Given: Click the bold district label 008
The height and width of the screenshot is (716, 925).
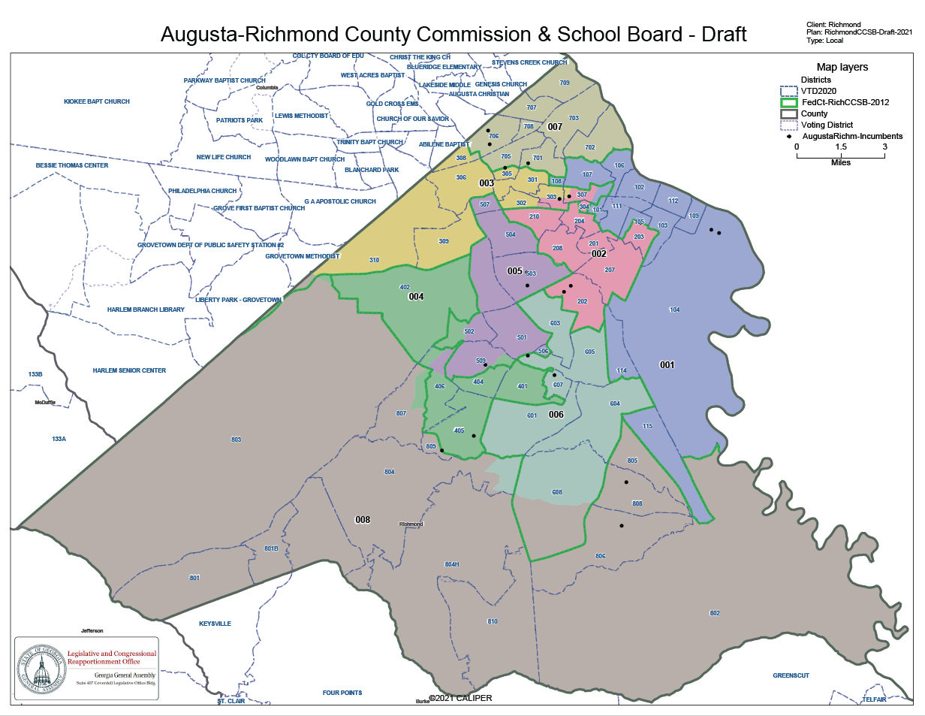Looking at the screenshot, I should click(x=363, y=520).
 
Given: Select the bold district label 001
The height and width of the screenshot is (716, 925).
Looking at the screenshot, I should click(x=667, y=365).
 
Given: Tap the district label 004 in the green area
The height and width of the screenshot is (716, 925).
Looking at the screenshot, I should click(x=416, y=297).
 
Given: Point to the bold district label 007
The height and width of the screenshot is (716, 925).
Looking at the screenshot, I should click(x=555, y=126).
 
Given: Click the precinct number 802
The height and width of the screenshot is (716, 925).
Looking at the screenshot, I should click(x=714, y=614).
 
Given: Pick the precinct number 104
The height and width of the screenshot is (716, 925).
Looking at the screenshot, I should click(x=674, y=310).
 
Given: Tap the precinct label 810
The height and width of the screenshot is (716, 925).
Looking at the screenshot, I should click(x=493, y=621).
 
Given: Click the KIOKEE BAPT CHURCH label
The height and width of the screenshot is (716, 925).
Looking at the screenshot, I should click(x=97, y=101).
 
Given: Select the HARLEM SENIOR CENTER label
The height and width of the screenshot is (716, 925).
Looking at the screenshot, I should click(x=129, y=370).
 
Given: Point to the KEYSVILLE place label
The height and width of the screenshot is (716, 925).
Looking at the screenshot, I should click(x=215, y=624).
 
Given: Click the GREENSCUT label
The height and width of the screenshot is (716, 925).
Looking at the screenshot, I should click(x=791, y=675).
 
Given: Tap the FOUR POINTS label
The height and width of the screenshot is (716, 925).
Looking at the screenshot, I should click(x=342, y=693).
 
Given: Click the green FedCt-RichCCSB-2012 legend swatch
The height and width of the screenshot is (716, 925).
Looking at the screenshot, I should click(x=788, y=102).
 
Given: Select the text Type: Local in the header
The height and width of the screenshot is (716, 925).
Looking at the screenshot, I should click(x=825, y=41).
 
